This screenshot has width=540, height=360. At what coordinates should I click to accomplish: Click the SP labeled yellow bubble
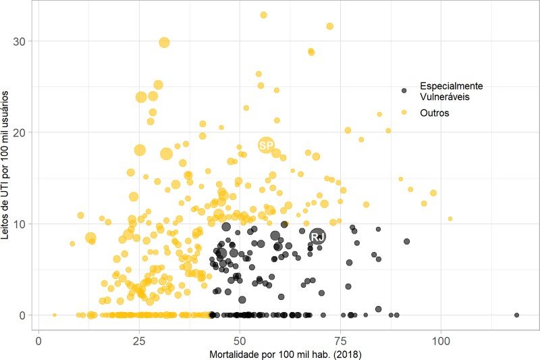266,145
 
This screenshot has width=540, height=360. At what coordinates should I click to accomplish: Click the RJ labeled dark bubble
317,236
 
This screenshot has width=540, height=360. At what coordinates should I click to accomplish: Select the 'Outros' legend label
435,113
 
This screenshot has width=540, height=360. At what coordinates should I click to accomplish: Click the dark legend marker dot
404,90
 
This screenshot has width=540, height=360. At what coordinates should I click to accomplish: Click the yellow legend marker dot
404,113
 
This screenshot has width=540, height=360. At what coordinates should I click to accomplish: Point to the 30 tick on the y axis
20,41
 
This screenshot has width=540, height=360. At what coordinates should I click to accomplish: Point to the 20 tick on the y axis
20,132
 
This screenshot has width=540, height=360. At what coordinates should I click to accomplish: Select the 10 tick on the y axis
20,224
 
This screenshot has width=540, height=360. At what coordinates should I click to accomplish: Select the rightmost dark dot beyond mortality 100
516,315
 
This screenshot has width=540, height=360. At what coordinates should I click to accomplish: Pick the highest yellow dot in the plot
263,15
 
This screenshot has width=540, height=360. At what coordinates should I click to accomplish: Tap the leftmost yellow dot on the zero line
55,315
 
